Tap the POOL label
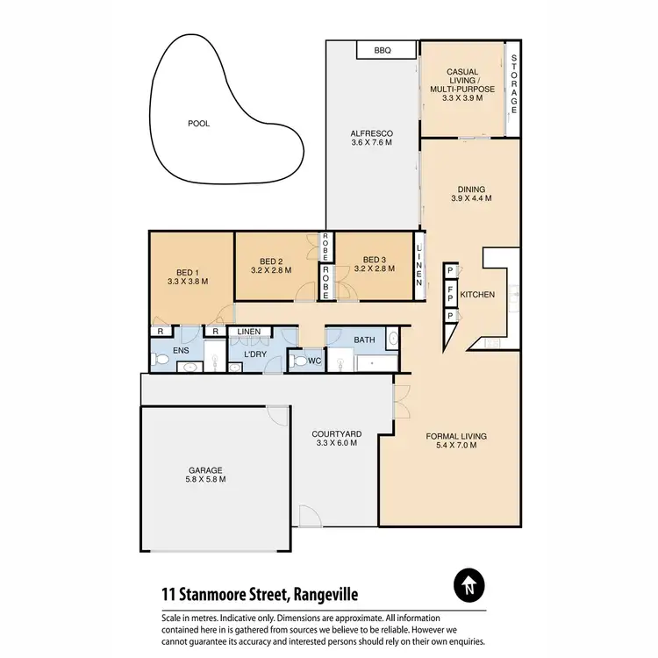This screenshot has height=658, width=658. point(199,124)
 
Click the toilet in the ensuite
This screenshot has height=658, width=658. point(160,358)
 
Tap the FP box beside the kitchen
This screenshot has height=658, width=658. point(449,293)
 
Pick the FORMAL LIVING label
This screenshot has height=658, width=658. point(456,436)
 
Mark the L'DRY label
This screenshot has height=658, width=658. point(255,354)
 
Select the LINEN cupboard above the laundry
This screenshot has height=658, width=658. point(249,332)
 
